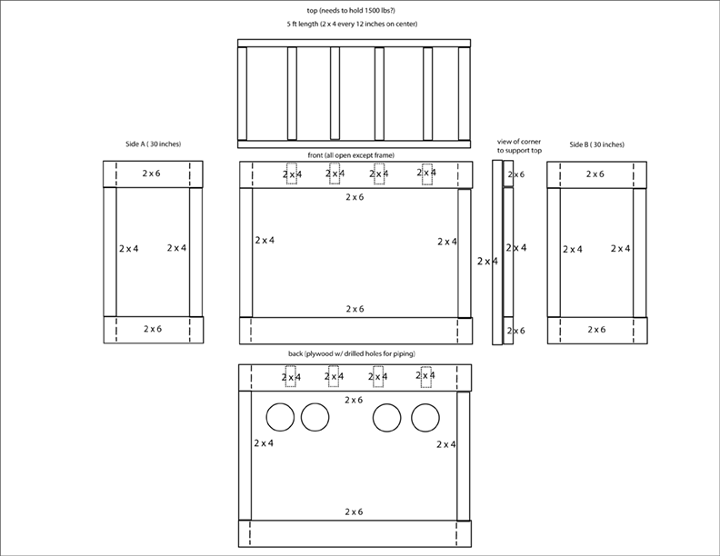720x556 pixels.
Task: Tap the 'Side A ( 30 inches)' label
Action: [153, 144]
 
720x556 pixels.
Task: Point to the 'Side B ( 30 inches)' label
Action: [596, 144]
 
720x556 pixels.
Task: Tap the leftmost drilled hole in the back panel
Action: [281, 417]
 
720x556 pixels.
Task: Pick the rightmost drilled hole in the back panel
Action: [425, 417]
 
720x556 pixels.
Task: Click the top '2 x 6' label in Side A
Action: [154, 172]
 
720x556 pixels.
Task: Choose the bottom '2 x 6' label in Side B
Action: [595, 328]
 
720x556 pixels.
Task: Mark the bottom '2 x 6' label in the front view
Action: [355, 309]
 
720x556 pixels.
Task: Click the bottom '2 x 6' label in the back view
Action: [355, 512]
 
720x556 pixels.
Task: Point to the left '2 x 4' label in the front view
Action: [264, 240]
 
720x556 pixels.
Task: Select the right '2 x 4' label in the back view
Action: [446, 444]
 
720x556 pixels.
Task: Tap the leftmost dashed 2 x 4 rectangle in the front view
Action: [292, 174]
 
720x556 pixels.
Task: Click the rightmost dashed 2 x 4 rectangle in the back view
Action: [425, 374]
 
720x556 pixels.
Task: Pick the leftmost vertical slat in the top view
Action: [242, 93]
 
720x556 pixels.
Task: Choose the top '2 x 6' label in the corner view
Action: [515, 174]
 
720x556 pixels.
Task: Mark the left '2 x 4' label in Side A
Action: [129, 247]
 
